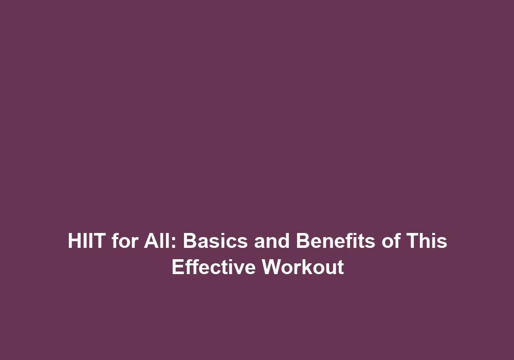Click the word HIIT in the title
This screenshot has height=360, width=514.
tap(86, 241)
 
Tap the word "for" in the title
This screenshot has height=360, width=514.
tap(124, 241)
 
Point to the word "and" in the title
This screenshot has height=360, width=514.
tap(272, 241)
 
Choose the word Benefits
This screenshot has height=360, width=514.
tap(335, 241)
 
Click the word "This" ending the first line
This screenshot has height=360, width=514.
tap(427, 241)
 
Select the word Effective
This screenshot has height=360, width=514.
tap(213, 267)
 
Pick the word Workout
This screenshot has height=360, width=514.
tap(303, 267)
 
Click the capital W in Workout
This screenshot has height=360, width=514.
tap(273, 267)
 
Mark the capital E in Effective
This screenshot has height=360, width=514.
tap(178, 267)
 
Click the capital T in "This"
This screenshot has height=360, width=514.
tap(413, 241)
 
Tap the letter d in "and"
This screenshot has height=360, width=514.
tap(284, 241)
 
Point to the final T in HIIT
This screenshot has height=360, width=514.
tap(98, 241)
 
